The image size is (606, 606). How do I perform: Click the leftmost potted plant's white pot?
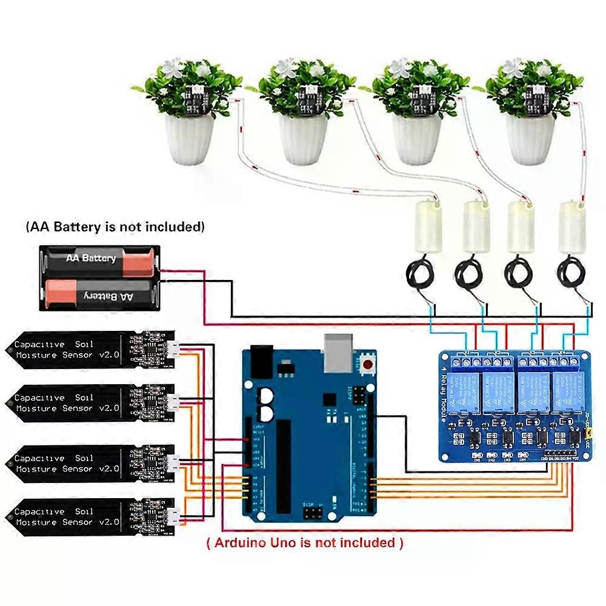coord(190,139)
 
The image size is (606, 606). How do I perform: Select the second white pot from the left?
coord(303,139)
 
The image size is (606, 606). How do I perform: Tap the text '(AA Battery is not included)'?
coord(115,227)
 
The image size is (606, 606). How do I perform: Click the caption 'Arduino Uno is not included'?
coord(305,542)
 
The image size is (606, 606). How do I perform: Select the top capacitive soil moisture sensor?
coord(91,350)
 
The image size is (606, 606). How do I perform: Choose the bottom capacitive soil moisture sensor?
coord(91,517)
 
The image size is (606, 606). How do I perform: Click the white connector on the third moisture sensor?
coord(173,464)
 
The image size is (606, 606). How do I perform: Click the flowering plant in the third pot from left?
coord(416,85)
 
